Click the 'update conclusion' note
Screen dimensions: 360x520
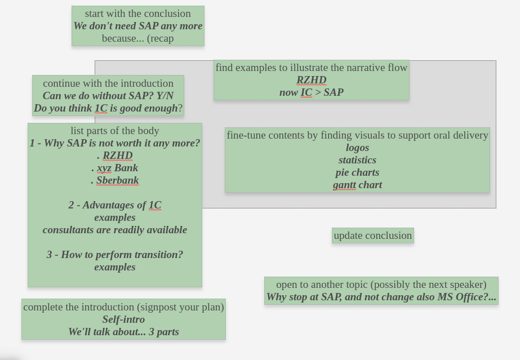pos(372,235)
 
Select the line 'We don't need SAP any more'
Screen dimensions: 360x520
pos(137,26)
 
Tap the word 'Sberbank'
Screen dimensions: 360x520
pos(117,180)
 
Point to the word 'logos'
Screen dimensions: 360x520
pos(357,148)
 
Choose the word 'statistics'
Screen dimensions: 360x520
pos(357,160)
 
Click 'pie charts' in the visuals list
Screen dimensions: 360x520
pos(357,172)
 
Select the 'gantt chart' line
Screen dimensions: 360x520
pos(357,185)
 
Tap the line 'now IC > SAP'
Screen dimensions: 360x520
pos(311,92)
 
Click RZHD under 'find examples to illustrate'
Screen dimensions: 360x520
pos(312,80)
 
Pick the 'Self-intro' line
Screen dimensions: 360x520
pos(123,319)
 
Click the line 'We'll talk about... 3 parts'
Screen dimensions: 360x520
pos(123,332)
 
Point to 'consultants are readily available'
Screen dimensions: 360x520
pos(115,230)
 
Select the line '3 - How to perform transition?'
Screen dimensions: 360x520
pos(115,255)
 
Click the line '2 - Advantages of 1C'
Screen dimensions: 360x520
pos(115,205)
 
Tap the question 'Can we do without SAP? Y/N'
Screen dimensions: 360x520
pos(108,96)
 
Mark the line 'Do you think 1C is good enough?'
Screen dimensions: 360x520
pos(108,108)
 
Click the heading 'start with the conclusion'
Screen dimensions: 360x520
pos(137,14)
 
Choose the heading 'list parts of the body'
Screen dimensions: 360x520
pos(115,131)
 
